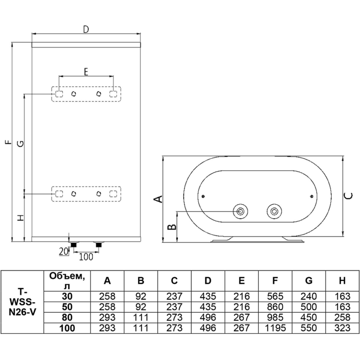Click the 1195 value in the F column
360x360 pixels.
[275, 328]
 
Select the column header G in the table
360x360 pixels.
[309, 280]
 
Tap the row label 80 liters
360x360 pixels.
[67, 318]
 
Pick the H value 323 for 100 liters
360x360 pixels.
[342, 328]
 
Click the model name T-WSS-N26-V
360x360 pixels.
[22, 302]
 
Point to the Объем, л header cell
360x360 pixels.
[67, 281]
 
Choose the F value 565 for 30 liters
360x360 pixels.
[275, 297]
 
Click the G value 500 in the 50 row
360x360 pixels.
[309, 307]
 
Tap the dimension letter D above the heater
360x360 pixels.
[86, 29]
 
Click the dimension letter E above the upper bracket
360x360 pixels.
[86, 72]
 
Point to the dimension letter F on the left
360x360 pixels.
[9, 142]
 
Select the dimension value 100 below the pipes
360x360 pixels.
[86, 256]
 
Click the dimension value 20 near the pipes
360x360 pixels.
[63, 252]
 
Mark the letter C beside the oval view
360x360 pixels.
[348, 196]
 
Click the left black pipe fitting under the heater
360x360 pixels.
[74, 245]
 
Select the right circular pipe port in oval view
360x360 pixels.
[274, 211]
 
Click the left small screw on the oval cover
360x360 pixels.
[203, 196]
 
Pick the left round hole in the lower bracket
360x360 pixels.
[74, 194]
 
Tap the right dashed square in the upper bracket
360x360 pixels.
[113, 94]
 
